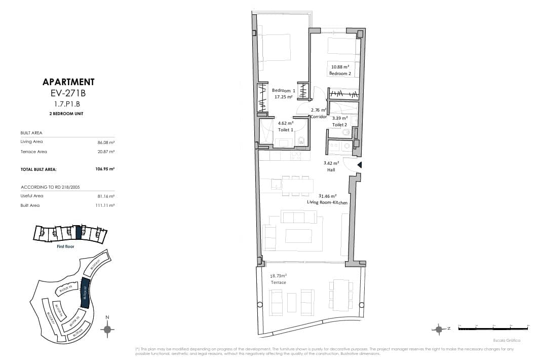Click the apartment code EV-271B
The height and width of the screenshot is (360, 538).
pyautogui.click(x=68, y=93)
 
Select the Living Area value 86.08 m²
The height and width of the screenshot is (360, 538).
pyautogui.click(x=105, y=142)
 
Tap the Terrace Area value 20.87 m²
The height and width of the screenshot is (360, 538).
pyautogui.click(x=105, y=152)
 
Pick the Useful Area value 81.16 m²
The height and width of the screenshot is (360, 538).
pyautogui.click(x=105, y=196)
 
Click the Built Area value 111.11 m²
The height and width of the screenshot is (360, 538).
pyautogui.click(x=105, y=205)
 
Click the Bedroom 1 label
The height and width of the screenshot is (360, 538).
pyautogui.click(x=283, y=90)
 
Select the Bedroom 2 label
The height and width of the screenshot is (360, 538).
pyautogui.click(x=339, y=74)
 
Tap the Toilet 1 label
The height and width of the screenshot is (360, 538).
pyautogui.click(x=285, y=130)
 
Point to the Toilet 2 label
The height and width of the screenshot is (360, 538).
pyautogui.click(x=339, y=124)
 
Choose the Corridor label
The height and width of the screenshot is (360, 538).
pyautogui.click(x=318, y=117)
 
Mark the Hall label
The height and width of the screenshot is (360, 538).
pyautogui.click(x=331, y=170)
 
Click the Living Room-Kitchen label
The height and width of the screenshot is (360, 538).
pyautogui.click(x=327, y=202)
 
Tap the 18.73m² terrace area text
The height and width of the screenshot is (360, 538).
pyautogui.click(x=278, y=276)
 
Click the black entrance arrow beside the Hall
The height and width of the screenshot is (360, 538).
pyautogui.click(x=359, y=165)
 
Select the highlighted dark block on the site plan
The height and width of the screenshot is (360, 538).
pyautogui.click(x=85, y=293)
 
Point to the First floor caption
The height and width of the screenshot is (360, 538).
pyautogui.click(x=65, y=246)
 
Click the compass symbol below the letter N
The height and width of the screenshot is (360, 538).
pyautogui.click(x=107, y=329)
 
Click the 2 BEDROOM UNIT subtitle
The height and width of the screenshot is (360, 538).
pyautogui.click(x=68, y=114)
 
